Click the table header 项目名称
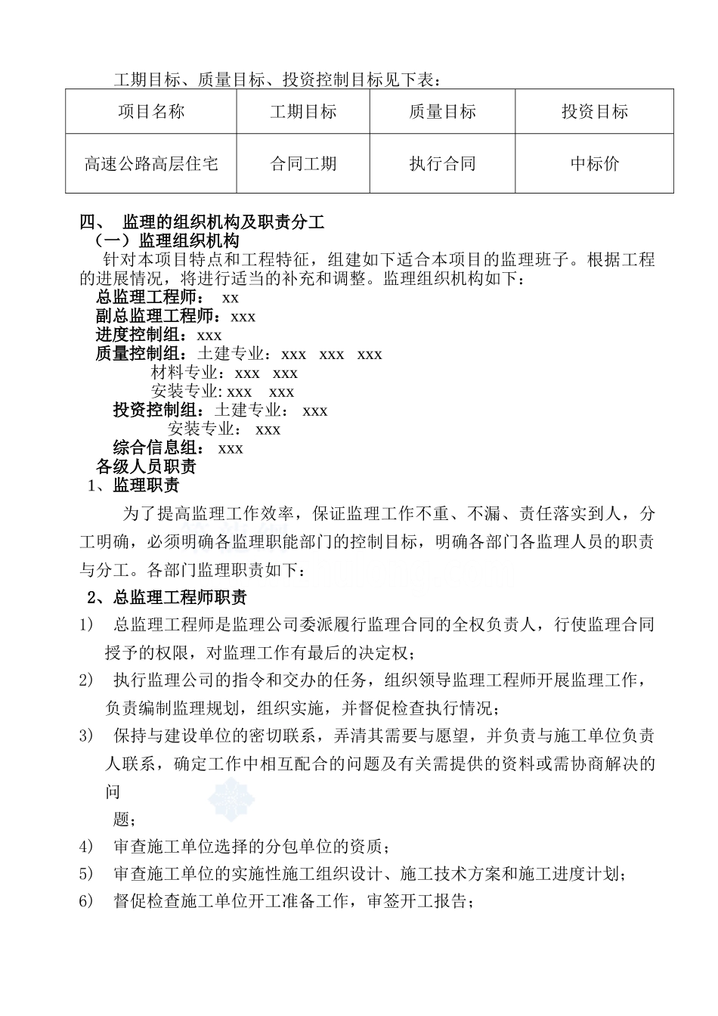tap(151, 112)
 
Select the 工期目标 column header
tap(303, 112)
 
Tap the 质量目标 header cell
tap(442, 112)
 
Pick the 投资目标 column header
tap(594, 112)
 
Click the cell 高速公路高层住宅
tap(151, 163)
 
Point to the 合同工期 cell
tap(303, 163)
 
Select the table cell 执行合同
tap(442, 163)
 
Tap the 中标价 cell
tap(594, 163)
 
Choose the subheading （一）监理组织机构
tap(166, 241)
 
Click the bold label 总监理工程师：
tap(150, 298)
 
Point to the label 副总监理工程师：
tap(158, 317)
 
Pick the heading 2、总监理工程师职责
tap(167, 598)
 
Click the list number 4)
tap(86, 846)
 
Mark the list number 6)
tap(86, 901)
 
